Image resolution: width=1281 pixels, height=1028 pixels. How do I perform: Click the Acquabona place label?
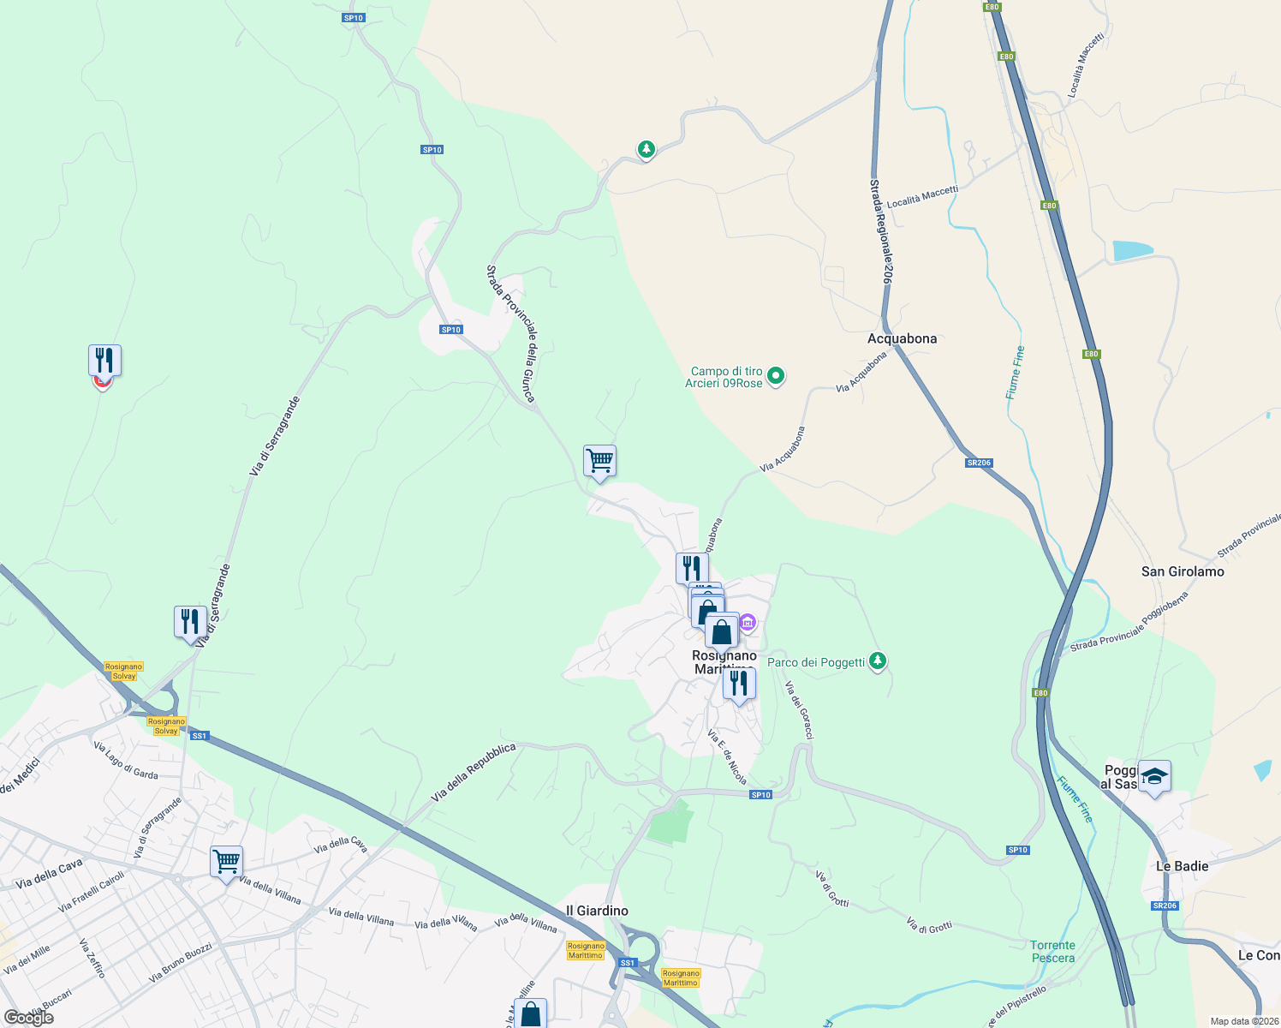pyautogui.click(x=902, y=338)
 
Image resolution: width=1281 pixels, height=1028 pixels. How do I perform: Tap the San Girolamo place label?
pyautogui.click(x=1183, y=571)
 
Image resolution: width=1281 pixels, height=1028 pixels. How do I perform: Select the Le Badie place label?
pyautogui.click(x=1182, y=866)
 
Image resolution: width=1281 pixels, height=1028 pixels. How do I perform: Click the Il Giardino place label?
pyautogui.click(x=597, y=911)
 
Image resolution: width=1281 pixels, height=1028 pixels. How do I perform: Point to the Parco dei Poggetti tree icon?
pyautogui.click(x=877, y=661)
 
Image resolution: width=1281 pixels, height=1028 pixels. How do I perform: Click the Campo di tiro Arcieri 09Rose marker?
pyautogui.click(x=776, y=375)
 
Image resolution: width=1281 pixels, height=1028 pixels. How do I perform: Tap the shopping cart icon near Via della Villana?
pyautogui.click(x=226, y=861)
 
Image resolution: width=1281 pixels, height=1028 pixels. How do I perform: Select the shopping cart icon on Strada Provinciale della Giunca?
pyautogui.click(x=599, y=461)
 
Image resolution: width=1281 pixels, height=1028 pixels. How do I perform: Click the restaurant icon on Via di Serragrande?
pyautogui.click(x=190, y=621)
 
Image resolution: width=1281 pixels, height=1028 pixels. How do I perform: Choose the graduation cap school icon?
pyautogui.click(x=1154, y=776)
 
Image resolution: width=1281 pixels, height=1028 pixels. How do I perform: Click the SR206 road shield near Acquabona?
pyautogui.click(x=979, y=463)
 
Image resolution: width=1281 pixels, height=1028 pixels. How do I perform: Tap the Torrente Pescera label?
pyautogui.click(x=1052, y=952)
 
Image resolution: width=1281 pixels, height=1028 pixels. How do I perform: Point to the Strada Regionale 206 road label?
pyautogui.click(x=881, y=231)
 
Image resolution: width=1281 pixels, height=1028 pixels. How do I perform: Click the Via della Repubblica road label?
pyautogui.click(x=474, y=772)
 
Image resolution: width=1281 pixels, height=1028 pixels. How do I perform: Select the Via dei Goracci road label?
pyautogui.click(x=800, y=710)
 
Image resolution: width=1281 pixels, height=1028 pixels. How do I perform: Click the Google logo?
pyautogui.click(x=29, y=1017)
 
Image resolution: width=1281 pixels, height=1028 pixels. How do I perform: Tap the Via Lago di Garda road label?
pyautogui.click(x=126, y=760)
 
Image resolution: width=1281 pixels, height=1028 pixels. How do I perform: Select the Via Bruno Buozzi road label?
pyautogui.click(x=180, y=962)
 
